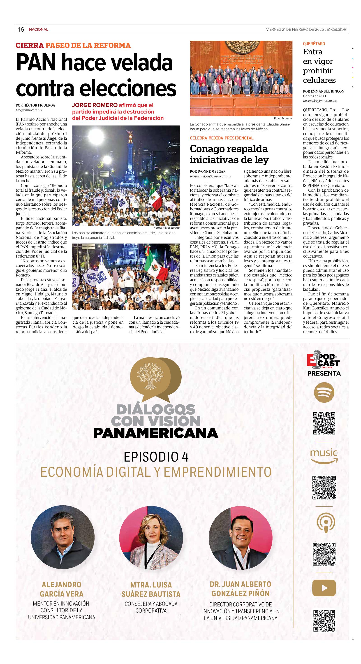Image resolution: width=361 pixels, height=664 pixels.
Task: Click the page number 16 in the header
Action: click(21, 29)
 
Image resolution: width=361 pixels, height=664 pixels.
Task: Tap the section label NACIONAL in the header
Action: click(38, 29)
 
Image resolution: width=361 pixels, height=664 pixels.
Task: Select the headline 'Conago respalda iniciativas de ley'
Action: click(229, 154)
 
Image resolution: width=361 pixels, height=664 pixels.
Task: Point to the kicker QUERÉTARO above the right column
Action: click(314, 44)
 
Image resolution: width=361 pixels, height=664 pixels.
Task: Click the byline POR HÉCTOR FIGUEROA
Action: click(35, 105)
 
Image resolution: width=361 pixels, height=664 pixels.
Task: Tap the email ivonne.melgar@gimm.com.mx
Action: click(210, 176)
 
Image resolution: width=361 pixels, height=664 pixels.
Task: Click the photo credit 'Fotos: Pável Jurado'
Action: click(167, 228)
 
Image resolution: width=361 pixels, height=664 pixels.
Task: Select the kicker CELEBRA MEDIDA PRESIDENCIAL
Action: click(222, 138)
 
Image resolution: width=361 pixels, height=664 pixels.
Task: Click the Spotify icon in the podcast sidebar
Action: click(324, 392)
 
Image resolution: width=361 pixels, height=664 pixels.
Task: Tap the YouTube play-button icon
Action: click(324, 581)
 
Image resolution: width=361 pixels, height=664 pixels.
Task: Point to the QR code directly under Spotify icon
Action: click(324, 423)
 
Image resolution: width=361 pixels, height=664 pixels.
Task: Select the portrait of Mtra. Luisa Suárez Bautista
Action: click(151, 538)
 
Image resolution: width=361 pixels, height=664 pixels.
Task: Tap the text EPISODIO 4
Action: click(156, 457)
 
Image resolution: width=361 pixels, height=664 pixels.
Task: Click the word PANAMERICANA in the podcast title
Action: click(156, 433)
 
